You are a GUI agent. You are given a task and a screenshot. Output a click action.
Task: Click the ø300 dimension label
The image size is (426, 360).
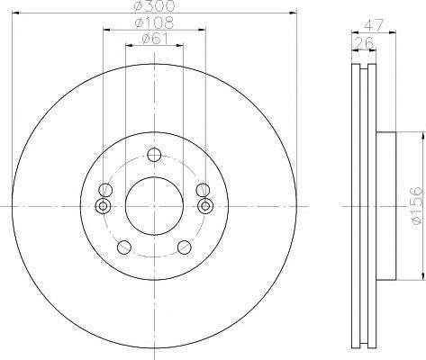[x=154, y=5]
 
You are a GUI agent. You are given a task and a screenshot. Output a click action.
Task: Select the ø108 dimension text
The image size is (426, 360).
[x=154, y=22]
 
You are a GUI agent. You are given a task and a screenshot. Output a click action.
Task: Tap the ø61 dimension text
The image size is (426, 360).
[x=154, y=39]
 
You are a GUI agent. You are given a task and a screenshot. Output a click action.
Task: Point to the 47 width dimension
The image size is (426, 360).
[x=374, y=25]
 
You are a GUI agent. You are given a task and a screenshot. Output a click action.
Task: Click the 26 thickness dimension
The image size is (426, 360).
[x=364, y=43]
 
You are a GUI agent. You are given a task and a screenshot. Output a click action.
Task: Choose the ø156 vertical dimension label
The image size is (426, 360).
[x=417, y=205]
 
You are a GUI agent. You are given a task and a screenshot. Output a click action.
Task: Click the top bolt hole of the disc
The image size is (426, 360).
[x=154, y=155]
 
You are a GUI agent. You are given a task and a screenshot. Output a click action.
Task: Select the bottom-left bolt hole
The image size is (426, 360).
[x=124, y=247]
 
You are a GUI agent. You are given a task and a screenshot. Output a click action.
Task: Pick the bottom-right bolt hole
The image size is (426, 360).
[x=185, y=247]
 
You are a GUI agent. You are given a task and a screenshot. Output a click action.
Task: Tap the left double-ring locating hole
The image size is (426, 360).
[x=103, y=206]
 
